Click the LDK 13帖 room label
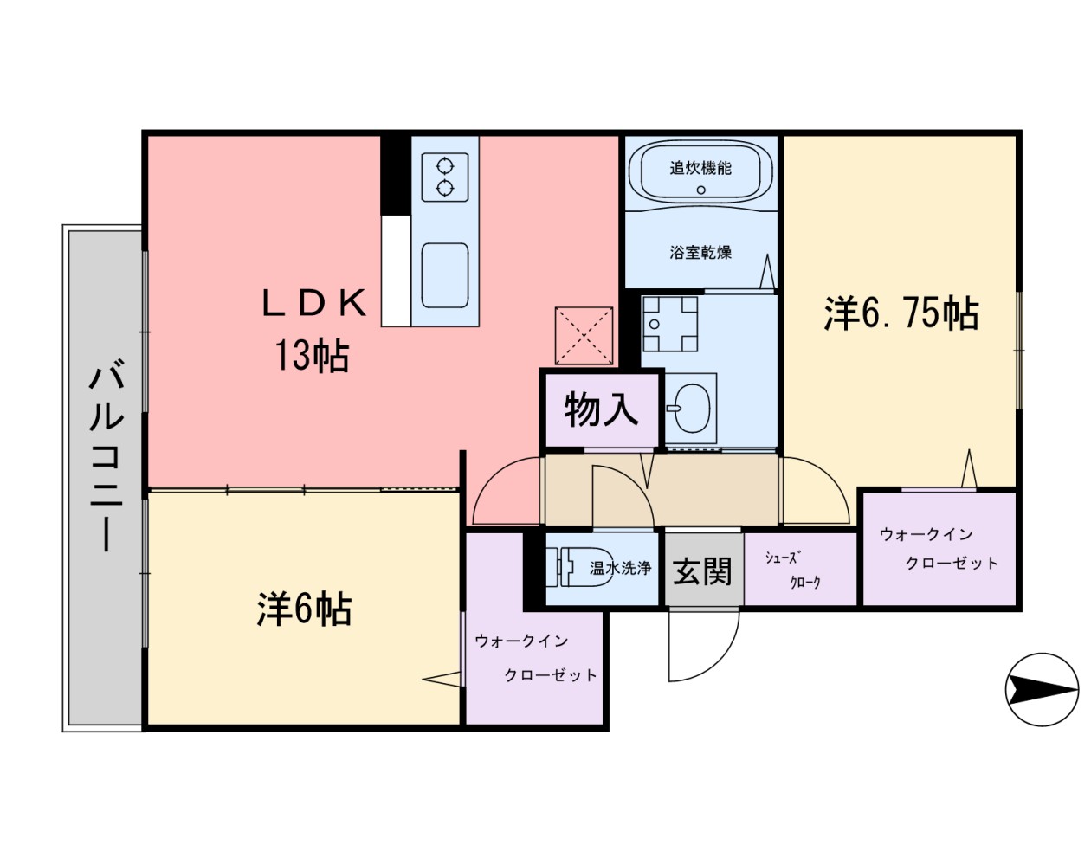pos(313,330)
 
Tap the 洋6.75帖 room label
pos(901,313)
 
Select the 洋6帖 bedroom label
pos(304,609)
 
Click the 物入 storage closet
pos(601,409)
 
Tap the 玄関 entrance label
pos(703,571)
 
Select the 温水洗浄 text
pos(620,569)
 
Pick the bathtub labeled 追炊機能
pos(700,171)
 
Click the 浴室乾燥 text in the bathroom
pos(700,253)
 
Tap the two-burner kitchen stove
pos(445,177)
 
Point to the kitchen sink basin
pos(445,274)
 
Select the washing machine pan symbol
pos(669,324)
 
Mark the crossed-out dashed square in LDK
pos(584,335)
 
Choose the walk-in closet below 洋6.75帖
pos(939,549)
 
